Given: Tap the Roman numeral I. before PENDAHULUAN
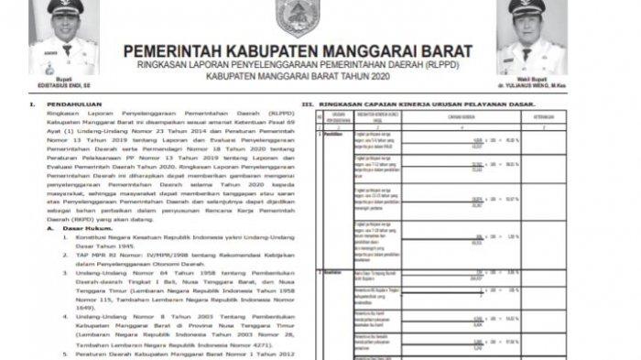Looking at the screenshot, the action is (x=36, y=105).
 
